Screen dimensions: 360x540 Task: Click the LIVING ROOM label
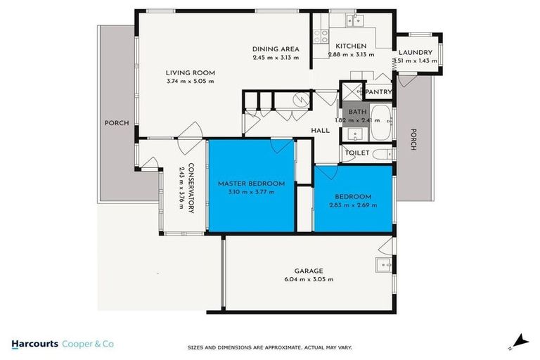[x=190, y=72]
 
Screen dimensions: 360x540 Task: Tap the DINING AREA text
[x=276, y=49]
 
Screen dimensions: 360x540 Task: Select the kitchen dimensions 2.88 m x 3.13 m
[x=351, y=54]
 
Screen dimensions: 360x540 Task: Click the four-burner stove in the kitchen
[x=321, y=34]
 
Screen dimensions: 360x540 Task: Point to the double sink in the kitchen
[x=354, y=21]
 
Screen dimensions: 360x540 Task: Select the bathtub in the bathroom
[x=380, y=124]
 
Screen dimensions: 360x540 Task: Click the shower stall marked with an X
[x=349, y=91]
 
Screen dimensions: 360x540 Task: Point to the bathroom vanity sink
[x=354, y=134]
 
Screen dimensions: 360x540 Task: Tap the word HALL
[x=321, y=130]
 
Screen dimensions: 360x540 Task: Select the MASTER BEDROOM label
[x=250, y=184]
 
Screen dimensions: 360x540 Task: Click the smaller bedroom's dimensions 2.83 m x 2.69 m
[x=352, y=205]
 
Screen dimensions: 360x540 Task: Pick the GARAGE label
[x=309, y=271]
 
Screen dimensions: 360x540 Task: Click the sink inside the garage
[x=382, y=265]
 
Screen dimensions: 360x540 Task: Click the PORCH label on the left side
[x=117, y=123]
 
